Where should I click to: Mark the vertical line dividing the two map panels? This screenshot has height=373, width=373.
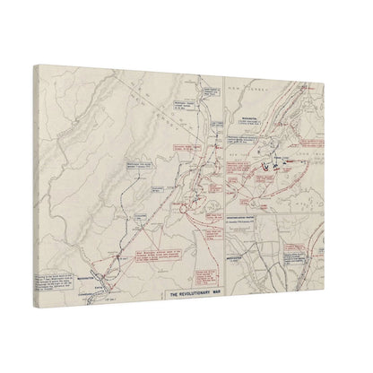point(223,179)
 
